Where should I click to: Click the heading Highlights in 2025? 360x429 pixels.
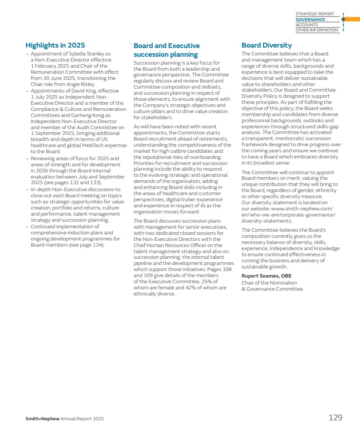[x=55, y=45]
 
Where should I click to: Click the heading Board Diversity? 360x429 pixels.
[x=267, y=45]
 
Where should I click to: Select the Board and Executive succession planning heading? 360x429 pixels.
[x=167, y=50]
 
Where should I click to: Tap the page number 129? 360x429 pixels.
[x=335, y=418]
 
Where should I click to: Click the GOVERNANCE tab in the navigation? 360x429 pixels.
[x=310, y=20]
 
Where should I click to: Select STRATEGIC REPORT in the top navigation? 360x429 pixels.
[x=315, y=14]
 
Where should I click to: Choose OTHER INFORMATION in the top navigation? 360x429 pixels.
[x=317, y=30]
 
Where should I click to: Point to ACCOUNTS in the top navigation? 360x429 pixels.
[x=307, y=25]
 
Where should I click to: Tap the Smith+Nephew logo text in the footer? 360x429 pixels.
[x=42, y=419]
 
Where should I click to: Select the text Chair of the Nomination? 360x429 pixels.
[x=269, y=282]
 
